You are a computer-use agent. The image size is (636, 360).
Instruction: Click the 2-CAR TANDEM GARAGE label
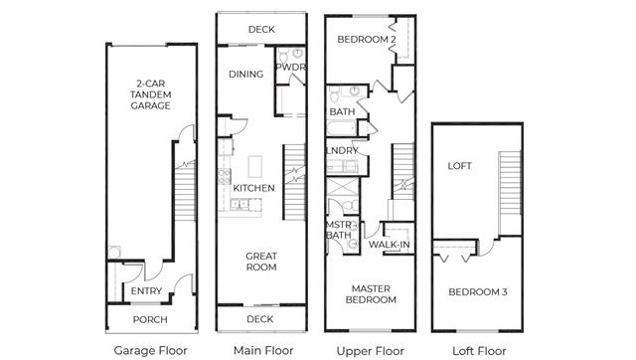click(x=150, y=94)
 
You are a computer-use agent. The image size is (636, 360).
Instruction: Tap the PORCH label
click(x=150, y=320)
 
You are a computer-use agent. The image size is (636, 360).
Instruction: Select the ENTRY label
click(x=146, y=291)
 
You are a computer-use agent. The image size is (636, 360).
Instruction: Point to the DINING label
click(x=245, y=75)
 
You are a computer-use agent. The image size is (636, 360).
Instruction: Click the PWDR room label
click(x=290, y=67)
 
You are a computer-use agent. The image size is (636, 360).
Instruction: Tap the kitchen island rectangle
click(x=255, y=166)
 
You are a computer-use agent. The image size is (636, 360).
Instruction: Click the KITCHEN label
click(x=254, y=188)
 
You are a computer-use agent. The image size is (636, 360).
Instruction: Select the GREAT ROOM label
click(x=261, y=262)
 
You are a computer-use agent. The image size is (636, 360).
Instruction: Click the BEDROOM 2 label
click(x=367, y=40)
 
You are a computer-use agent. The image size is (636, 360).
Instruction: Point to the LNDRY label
click(x=342, y=151)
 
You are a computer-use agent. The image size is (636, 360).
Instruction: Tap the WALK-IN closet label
click(x=389, y=245)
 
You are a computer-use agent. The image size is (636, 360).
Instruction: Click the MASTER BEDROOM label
click(x=371, y=294)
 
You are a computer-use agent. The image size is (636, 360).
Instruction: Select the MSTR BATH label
click(x=339, y=230)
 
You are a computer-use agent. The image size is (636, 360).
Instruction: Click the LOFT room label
click(x=459, y=166)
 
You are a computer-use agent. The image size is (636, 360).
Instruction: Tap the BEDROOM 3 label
click(x=478, y=291)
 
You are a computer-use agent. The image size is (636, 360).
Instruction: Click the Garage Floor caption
click(x=150, y=350)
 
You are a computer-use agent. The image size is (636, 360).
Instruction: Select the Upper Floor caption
click(x=371, y=351)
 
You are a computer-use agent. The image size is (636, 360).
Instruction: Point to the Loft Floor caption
click(x=479, y=351)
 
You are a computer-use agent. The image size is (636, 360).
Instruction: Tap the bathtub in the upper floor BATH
click(x=342, y=128)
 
